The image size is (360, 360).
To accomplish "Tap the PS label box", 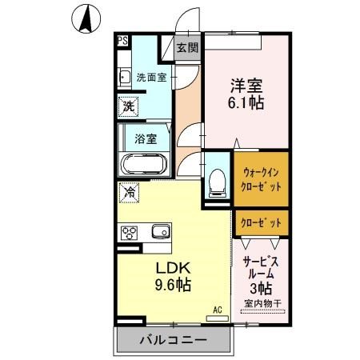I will pos(122,39).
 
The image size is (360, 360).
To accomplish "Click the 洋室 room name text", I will pos(244,84).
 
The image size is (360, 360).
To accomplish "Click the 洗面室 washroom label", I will pos(151,78).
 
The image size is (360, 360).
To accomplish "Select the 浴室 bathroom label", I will pos(145,138).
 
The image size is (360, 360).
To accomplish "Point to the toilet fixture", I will pos(215,181).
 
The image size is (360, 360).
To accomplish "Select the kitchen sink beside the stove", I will pos(159,231).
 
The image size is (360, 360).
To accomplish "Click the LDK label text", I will pos(170,266).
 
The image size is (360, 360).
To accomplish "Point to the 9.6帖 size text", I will pos(173,285).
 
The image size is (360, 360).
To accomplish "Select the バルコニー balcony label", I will pos(174,340).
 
